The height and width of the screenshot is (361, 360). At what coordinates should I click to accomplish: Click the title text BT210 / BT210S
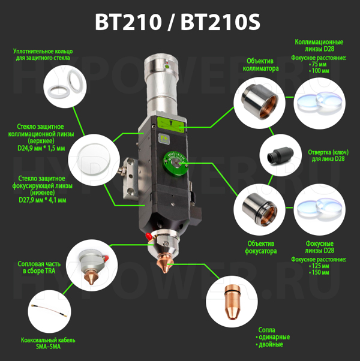178,22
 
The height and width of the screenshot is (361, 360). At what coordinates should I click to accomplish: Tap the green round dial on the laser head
175,163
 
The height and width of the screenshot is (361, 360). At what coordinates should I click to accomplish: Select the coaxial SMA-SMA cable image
49,311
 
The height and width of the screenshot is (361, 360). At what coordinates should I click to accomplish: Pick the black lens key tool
280,155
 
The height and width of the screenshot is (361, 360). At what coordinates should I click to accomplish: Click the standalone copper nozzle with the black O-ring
232,302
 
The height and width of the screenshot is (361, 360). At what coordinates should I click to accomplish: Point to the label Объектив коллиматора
260,65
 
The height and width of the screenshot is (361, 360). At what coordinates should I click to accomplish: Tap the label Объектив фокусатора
261,247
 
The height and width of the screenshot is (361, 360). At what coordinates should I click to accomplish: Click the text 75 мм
319,64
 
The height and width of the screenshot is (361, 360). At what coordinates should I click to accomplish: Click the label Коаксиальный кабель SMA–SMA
48,343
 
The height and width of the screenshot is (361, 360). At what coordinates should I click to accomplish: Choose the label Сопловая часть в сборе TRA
39,267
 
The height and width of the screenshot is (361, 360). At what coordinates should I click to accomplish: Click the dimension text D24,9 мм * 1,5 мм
41,148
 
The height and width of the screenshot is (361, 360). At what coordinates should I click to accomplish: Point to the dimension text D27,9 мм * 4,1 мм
43,200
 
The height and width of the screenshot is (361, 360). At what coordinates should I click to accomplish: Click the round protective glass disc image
94,160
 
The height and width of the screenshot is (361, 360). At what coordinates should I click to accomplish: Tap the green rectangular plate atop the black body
171,125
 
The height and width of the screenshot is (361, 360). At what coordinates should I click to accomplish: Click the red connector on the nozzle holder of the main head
149,236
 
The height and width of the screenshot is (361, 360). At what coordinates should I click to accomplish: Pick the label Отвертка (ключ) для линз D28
328,155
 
